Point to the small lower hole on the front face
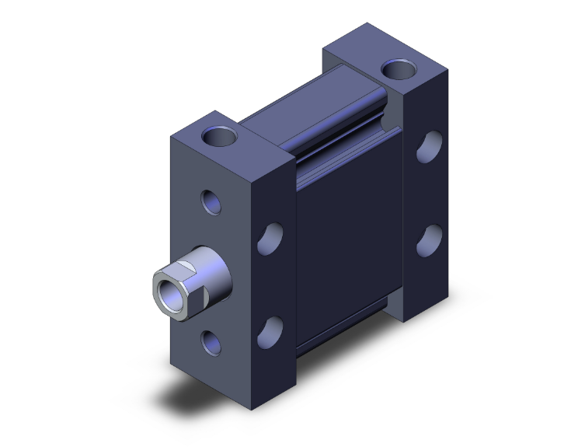[211, 340]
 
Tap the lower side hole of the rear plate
[430, 240]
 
